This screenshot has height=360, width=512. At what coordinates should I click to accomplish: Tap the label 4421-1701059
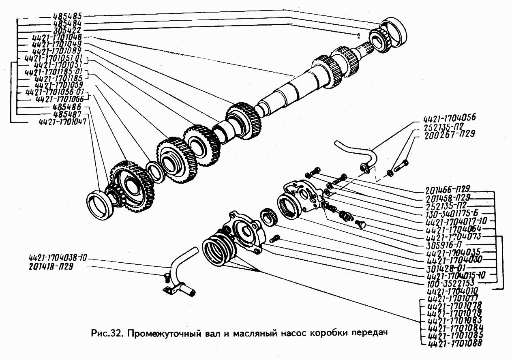click(x=59, y=86)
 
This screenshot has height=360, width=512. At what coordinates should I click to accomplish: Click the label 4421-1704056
click(x=449, y=119)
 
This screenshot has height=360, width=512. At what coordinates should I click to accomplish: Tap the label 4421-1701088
click(x=455, y=344)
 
